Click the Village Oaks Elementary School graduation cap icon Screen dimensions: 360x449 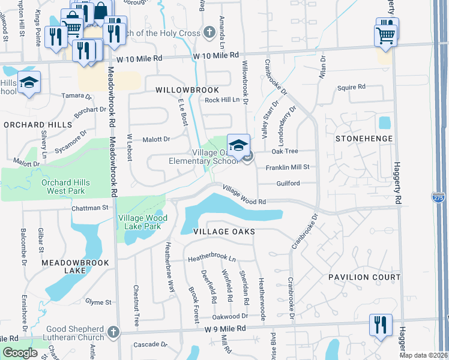238,145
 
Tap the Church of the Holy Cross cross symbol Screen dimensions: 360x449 209,32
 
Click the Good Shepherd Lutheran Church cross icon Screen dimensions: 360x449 113,332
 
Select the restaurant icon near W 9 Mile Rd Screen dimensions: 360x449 381,325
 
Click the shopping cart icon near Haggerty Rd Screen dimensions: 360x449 385,34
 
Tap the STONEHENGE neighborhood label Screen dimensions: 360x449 364,139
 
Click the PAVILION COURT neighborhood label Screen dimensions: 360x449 364,277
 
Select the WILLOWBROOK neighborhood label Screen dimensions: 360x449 187,89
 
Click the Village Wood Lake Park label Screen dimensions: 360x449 139,222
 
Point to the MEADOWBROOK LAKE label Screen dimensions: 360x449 76,267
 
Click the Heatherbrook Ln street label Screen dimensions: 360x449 212,259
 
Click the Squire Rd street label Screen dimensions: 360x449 351,87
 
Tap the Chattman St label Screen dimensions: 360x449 89,208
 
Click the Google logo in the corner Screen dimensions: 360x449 20,353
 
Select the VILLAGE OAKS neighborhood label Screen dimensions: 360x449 224,232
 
